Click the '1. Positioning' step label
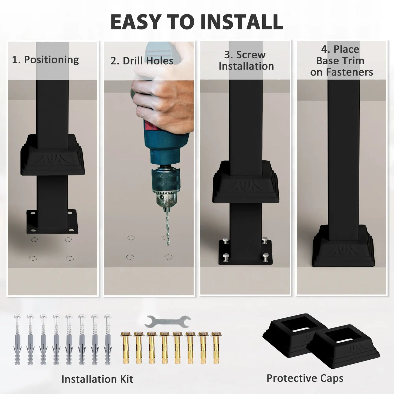coord(45,60)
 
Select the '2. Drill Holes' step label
coord(142,61)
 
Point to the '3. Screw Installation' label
coord(246,61)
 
